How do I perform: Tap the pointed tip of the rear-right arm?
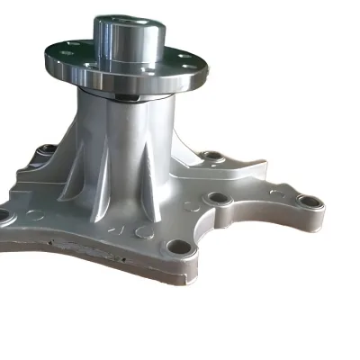[x=264, y=166]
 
